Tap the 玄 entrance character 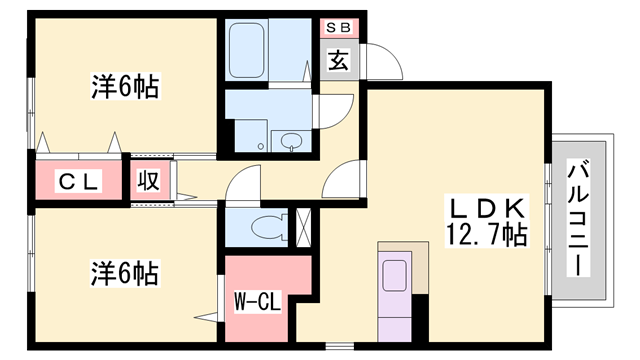pyautogui.click(x=339, y=61)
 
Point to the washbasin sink pyautogui.click(x=292, y=140)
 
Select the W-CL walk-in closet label pyautogui.click(x=256, y=300)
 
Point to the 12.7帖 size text pyautogui.click(x=487, y=237)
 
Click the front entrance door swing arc pyautogui.click(x=386, y=60)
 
